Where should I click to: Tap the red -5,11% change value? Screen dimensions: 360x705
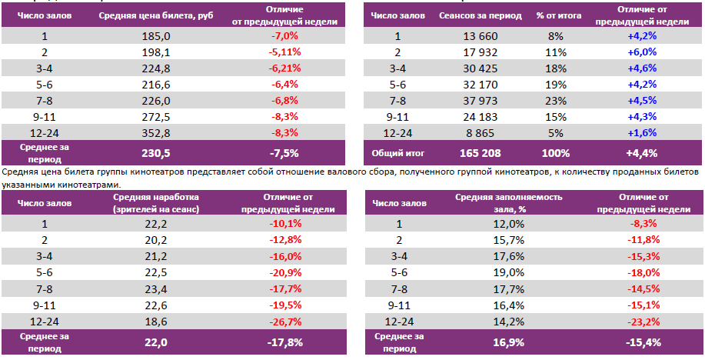284,52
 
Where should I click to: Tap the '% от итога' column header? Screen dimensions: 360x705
552,15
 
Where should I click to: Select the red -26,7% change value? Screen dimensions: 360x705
284,322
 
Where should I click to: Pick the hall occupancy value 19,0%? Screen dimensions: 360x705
508,272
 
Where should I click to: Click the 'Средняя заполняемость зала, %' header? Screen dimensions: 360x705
508,203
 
